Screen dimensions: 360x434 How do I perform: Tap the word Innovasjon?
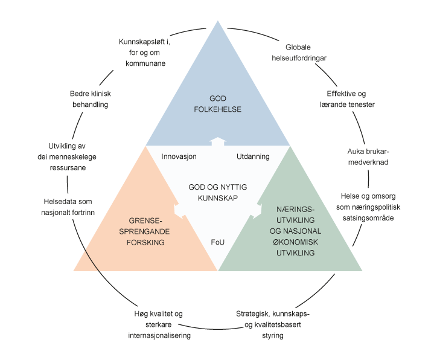tap(179, 156)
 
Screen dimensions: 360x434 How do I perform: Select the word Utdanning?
tap(252, 156)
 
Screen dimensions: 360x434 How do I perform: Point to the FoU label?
tap(217, 242)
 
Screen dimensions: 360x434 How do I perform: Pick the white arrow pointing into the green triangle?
tap(255, 210)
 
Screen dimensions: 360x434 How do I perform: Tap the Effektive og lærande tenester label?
tap(347, 99)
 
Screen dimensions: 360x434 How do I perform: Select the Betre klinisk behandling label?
tap(89, 99)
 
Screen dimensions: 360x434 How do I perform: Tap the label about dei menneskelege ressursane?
tap(67, 156)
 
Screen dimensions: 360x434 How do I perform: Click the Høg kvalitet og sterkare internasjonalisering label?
tap(159, 324)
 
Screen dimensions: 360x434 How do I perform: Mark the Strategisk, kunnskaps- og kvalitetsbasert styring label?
tap(273, 324)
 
